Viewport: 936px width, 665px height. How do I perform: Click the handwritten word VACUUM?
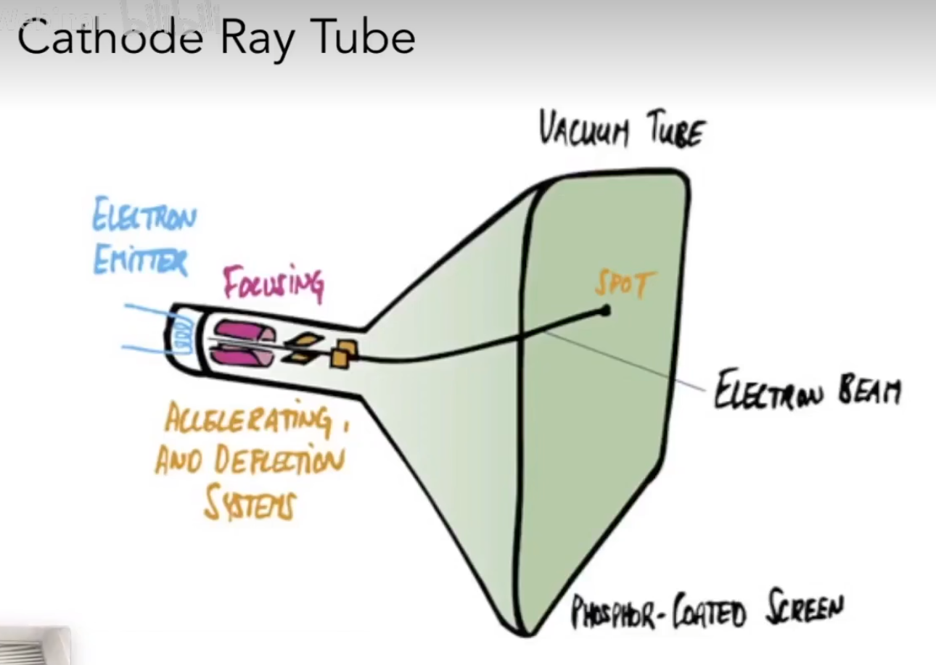coord(583,131)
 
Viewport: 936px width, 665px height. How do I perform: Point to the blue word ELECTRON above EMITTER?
coord(144,218)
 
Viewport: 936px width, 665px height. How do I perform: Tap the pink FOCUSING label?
coord(273,284)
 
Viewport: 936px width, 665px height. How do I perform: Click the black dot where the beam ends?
coord(604,311)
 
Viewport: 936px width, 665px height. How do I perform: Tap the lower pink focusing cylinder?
coord(242,355)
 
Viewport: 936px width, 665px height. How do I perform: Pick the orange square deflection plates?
coord(342,353)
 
